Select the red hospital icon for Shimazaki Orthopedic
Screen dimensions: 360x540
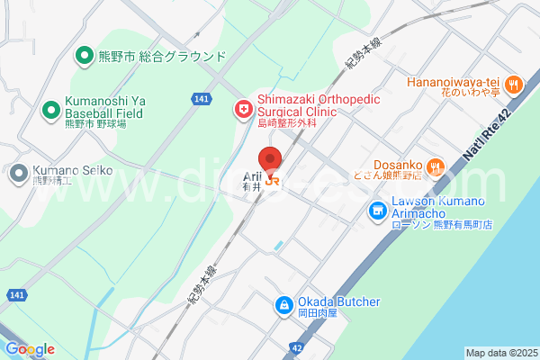[x=243, y=111]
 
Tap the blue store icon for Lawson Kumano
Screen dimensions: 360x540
[x=376, y=211]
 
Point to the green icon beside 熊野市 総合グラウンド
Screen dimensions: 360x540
[x=84, y=56]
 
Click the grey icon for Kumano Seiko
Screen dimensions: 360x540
[x=19, y=173]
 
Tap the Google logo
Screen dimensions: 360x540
[x=29, y=349]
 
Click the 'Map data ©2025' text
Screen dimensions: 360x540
[x=500, y=352]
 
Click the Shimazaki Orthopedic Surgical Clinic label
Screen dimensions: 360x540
[x=297, y=105]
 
